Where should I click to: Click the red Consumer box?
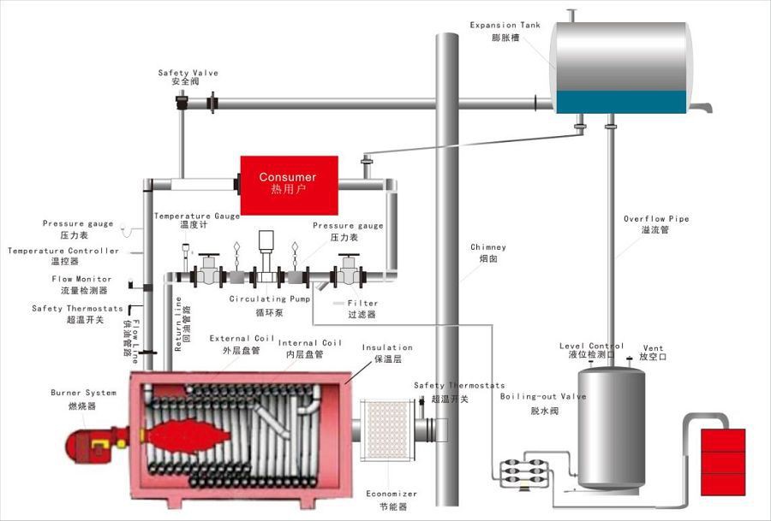pyautogui.click(x=288, y=184)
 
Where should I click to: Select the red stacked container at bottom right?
pyautogui.click(x=722, y=461)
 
